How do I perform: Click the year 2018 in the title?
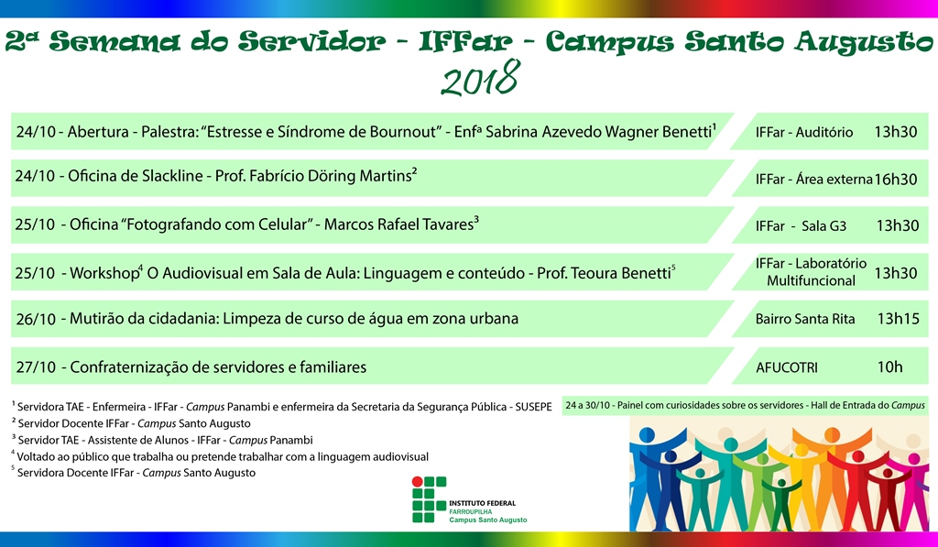click(x=479, y=80)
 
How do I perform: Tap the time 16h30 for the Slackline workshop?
click(x=895, y=180)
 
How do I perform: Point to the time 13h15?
click(x=897, y=319)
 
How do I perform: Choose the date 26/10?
click(x=36, y=320)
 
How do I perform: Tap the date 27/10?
click(x=36, y=367)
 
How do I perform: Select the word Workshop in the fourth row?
click(x=102, y=273)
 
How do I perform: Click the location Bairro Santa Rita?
click(x=805, y=319)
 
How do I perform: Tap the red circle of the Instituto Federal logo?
click(x=418, y=480)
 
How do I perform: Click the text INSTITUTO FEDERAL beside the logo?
click(x=482, y=503)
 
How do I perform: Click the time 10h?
click(x=889, y=367)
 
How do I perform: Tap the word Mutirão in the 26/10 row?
click(x=96, y=319)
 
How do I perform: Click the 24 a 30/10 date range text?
click(x=594, y=404)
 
